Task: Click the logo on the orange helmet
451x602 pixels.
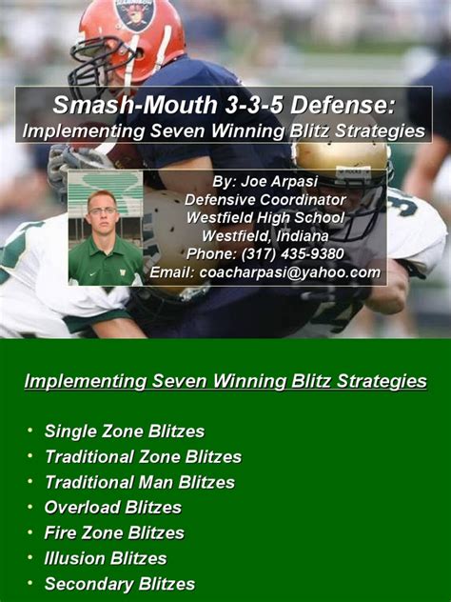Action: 135,13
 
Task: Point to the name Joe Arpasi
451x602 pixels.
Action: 279,181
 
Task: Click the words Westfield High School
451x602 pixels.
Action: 265,218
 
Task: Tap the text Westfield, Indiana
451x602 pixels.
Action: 265,235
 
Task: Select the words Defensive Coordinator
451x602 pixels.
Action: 265,200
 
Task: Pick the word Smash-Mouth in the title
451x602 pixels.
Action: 135,105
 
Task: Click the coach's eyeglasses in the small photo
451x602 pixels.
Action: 103,211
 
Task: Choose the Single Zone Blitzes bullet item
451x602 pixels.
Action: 125,431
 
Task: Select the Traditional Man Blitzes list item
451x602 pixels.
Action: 140,482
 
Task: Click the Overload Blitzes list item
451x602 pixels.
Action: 113,508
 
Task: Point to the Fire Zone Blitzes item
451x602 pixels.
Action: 114,532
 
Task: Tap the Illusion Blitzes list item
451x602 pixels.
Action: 106,558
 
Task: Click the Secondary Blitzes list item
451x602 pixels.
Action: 120,584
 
